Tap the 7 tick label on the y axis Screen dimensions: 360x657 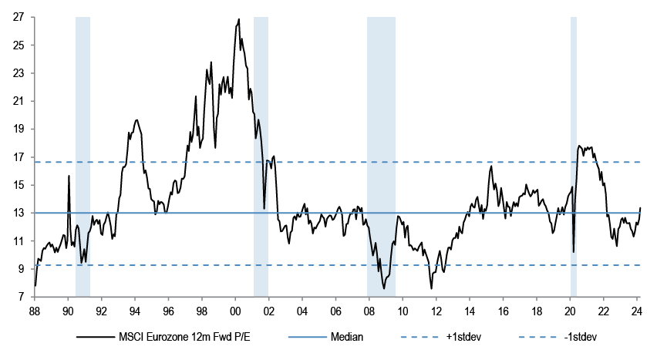click(19, 297)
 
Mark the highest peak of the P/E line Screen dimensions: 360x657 click(238, 19)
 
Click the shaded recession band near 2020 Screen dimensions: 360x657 click(574, 154)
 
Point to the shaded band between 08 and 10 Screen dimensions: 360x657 click(381, 154)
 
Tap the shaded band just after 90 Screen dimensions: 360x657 click(83, 154)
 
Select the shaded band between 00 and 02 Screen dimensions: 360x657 click(261, 154)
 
